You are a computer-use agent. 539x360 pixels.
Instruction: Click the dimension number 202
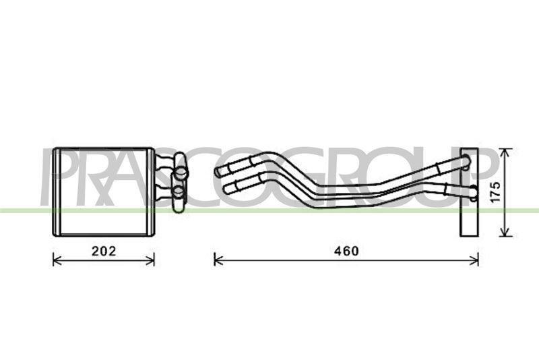click(104, 251)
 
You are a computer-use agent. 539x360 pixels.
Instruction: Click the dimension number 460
click(346, 251)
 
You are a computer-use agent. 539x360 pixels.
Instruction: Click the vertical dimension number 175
click(495, 192)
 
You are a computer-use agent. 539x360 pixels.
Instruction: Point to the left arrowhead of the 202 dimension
click(57, 260)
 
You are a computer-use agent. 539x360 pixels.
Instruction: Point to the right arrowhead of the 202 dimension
click(150, 260)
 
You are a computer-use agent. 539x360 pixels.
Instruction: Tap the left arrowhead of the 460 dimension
click(218, 260)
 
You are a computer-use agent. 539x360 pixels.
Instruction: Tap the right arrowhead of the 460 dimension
click(474, 260)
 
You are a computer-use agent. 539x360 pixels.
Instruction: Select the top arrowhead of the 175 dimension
click(505, 153)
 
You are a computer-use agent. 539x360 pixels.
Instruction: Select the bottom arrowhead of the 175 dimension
click(505, 232)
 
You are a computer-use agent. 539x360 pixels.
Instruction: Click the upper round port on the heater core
click(181, 171)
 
